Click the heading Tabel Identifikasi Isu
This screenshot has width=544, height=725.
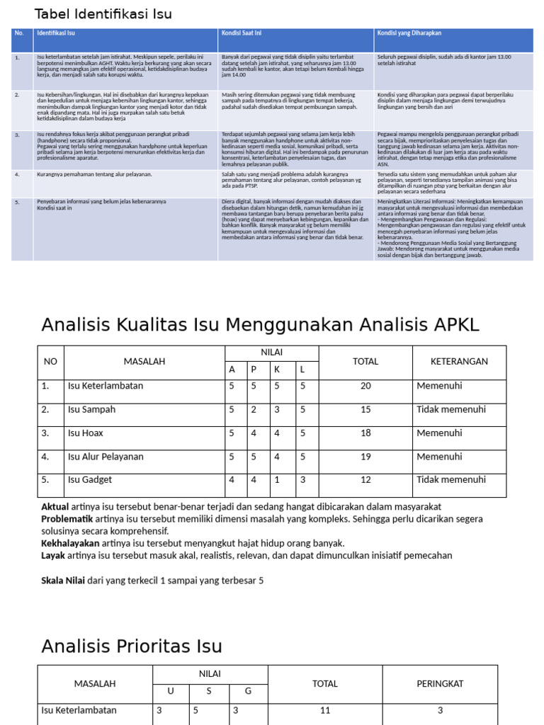tap(103, 14)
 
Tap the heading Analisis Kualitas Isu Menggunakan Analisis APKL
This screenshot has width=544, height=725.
tap(260, 325)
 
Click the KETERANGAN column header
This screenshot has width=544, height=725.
tap(459, 362)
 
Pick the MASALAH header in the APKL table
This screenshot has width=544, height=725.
tap(144, 362)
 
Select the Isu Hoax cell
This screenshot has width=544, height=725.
tap(86, 433)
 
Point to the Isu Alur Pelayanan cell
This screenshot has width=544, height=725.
tap(105, 457)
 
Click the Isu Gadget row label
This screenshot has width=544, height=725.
tap(89, 480)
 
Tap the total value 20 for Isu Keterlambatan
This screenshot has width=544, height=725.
tap(365, 387)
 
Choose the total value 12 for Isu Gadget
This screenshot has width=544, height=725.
tap(365, 480)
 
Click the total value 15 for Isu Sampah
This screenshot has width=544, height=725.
tap(365, 410)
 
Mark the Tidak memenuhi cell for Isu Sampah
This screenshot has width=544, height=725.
tap(451, 410)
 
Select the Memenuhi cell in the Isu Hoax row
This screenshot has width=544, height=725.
tap(439, 433)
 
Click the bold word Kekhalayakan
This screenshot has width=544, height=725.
tap(70, 543)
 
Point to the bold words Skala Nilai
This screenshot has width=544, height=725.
tap(63, 580)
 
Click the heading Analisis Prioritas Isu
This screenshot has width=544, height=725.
tap(132, 646)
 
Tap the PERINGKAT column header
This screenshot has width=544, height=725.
tap(440, 684)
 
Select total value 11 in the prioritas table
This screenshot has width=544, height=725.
tap(326, 711)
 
